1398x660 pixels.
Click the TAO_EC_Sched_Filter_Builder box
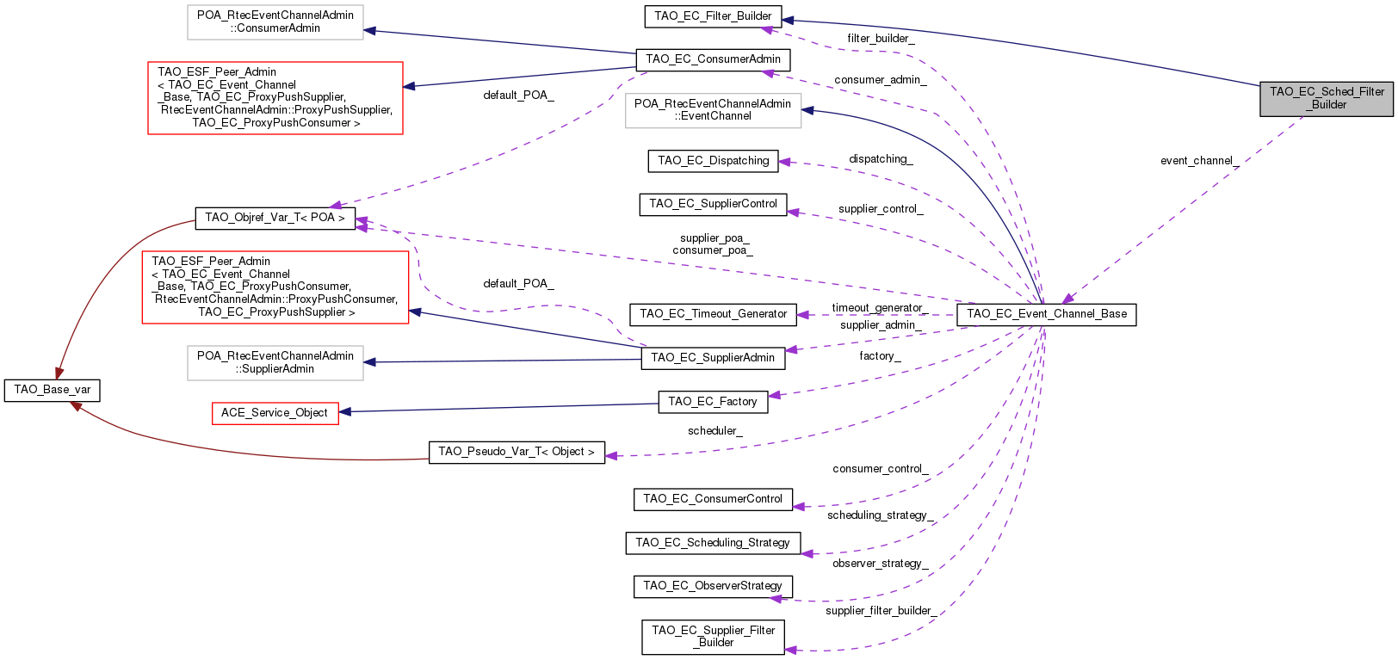1326,98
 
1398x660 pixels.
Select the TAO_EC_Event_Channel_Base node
1046,314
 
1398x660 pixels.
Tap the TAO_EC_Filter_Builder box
713,16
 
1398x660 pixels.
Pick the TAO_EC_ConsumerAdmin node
713,59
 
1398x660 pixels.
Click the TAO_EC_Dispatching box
713,161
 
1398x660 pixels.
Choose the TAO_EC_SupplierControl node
713,204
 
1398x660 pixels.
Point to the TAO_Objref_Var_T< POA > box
275,218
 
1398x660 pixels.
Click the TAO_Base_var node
52,390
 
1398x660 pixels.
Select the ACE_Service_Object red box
275,413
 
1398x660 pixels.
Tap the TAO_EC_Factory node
712,402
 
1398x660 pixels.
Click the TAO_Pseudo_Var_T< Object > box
516,452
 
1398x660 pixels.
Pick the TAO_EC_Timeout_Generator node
713,314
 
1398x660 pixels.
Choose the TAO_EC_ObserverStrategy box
713,586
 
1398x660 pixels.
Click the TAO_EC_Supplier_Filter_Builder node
713,637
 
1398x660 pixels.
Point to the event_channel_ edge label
1199,161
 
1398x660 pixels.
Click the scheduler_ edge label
714,431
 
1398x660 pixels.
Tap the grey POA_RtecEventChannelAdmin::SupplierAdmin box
275,362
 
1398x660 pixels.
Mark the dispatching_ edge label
881,159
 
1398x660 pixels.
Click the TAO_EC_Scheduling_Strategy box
712,543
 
